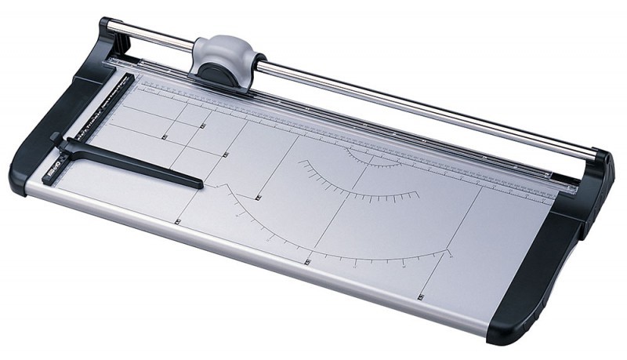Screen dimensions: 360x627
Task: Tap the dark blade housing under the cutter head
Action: (216, 71)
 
